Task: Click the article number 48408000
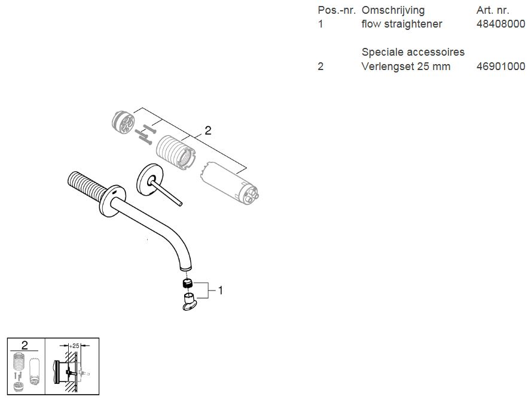pyautogui.click(x=500, y=24)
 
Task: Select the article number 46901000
pyautogui.click(x=500, y=66)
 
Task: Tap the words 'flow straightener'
pyautogui.click(x=402, y=24)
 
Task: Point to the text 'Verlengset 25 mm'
pyautogui.click(x=406, y=66)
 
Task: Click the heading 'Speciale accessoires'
pyautogui.click(x=413, y=52)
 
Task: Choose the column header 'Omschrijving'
pyautogui.click(x=393, y=10)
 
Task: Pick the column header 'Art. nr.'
pyautogui.click(x=493, y=10)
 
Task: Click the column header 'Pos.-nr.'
pyautogui.click(x=337, y=10)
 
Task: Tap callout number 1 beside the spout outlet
pyautogui.click(x=220, y=290)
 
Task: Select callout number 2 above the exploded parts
pyautogui.click(x=207, y=131)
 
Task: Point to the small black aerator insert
pyautogui.click(x=188, y=283)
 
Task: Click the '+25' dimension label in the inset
pyautogui.click(x=74, y=346)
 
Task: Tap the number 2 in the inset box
pyautogui.click(x=25, y=346)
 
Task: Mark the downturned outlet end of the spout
pyautogui.click(x=185, y=267)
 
